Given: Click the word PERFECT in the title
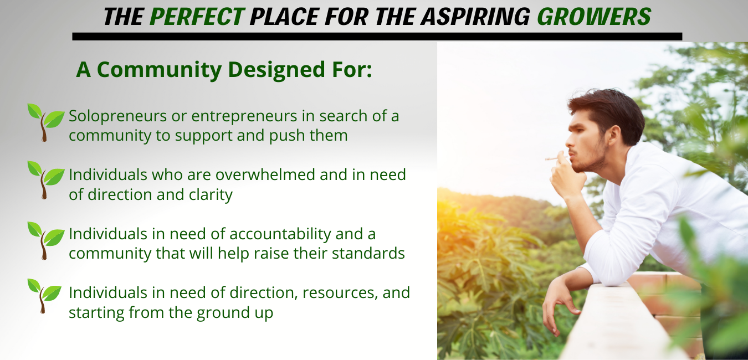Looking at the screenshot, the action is click(x=197, y=17).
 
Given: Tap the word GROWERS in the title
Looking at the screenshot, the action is click(x=594, y=17).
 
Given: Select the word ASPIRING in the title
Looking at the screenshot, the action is click(x=475, y=17).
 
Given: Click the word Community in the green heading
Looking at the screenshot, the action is click(x=159, y=69).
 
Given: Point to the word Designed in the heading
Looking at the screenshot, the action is click(x=276, y=69).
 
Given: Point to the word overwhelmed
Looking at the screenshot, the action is click(x=265, y=174).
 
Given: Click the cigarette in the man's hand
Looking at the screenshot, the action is click(x=554, y=158).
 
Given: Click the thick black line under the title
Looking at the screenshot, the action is click(x=377, y=37).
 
